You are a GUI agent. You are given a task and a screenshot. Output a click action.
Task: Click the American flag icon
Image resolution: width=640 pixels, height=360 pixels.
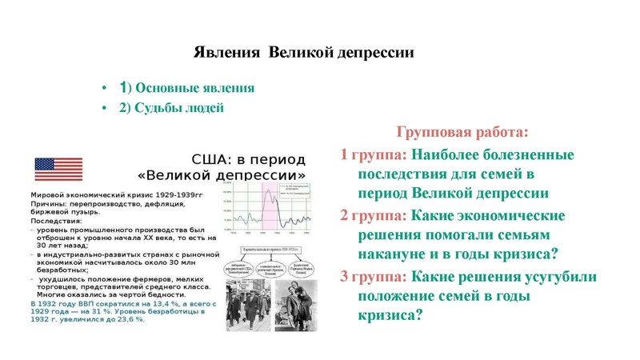pyautogui.click(x=58, y=169)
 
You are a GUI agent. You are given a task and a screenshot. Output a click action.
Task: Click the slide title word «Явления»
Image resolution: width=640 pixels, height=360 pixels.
pyautogui.click(x=229, y=53)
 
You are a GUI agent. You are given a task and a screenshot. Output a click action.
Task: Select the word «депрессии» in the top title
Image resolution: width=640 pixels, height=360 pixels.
pyautogui.click(x=374, y=53)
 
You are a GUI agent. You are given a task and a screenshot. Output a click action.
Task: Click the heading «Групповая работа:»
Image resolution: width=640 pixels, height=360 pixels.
pyautogui.click(x=462, y=131)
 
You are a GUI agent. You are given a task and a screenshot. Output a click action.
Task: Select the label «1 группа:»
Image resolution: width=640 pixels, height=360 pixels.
pyautogui.click(x=374, y=154)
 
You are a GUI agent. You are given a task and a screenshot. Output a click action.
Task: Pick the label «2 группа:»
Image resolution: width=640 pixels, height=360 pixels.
pyautogui.click(x=374, y=216)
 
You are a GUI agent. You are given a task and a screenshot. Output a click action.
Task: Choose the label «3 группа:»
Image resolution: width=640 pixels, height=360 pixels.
pyautogui.click(x=374, y=277)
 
